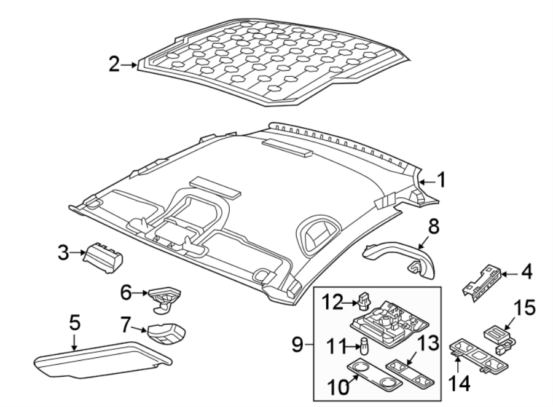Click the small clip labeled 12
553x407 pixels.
pos(363,301)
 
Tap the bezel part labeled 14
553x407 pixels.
pos(479,356)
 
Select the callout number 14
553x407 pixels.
pos(459,384)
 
